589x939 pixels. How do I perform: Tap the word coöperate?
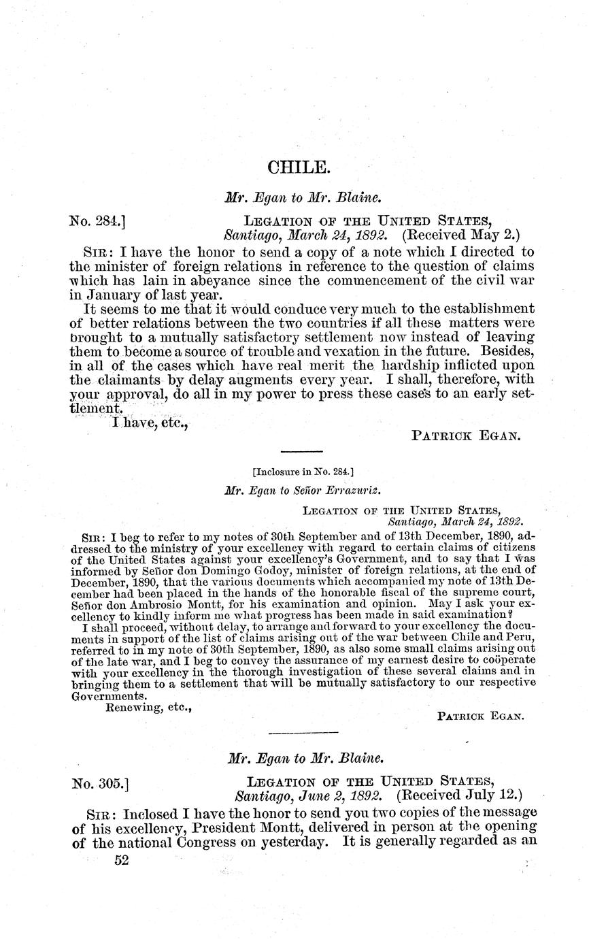click(x=502, y=660)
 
